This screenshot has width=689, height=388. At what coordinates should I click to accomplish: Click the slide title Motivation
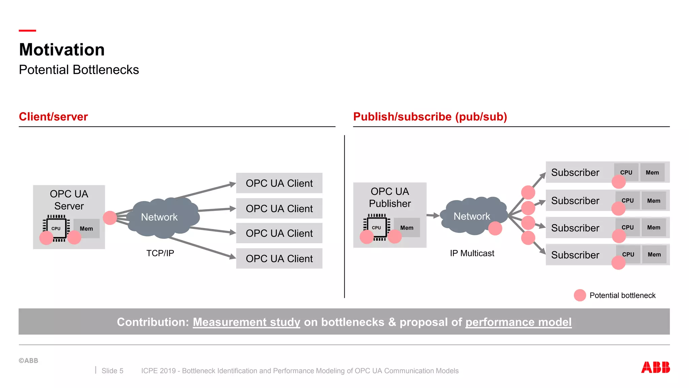click(62, 50)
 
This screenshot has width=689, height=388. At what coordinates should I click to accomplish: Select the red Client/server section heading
click(53, 117)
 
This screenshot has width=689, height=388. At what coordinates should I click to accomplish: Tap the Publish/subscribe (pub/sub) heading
click(430, 117)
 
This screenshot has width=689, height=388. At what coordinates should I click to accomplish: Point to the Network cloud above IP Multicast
click(472, 216)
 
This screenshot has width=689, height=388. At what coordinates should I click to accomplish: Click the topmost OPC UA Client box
click(279, 183)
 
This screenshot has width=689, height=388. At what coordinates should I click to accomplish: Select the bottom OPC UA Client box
click(279, 258)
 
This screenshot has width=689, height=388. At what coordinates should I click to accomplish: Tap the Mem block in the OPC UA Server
click(86, 228)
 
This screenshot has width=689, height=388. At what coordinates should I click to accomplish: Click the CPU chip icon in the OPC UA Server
click(56, 228)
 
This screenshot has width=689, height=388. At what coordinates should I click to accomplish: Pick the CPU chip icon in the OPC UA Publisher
click(376, 228)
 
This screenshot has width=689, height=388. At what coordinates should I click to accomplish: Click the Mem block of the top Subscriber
click(652, 172)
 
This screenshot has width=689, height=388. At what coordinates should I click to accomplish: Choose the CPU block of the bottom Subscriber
click(628, 254)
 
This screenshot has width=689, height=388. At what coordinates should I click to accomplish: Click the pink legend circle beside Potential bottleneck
click(580, 295)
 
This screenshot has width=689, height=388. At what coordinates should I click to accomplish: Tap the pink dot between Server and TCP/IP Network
click(110, 218)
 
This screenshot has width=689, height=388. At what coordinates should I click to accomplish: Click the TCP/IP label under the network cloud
click(160, 253)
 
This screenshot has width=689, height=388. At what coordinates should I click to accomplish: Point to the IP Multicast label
click(472, 253)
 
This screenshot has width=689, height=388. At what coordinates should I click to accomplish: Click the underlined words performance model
click(518, 322)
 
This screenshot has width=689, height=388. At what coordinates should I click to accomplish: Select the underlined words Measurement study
click(246, 322)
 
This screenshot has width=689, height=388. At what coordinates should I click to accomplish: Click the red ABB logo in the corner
click(655, 367)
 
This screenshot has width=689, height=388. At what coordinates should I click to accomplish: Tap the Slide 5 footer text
click(112, 370)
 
